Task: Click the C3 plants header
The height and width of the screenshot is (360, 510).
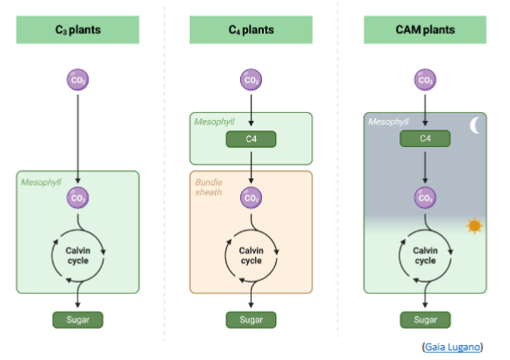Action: coord(77,30)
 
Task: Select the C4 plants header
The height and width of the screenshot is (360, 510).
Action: coord(251,30)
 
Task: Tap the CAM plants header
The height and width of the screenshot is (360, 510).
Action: coord(425,30)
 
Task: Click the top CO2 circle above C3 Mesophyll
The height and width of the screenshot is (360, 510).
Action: coord(78,81)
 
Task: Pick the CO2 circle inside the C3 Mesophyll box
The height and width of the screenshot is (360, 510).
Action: coord(78,198)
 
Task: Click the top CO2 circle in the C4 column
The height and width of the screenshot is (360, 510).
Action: coord(251,81)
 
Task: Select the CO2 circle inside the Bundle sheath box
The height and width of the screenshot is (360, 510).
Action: coord(251,198)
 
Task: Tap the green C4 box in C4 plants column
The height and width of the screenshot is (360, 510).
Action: coord(251,138)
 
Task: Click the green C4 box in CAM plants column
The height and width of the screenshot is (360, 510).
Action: coord(425,138)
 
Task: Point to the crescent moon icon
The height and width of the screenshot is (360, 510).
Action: coord(474,126)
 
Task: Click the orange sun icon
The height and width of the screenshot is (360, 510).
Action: coord(474,226)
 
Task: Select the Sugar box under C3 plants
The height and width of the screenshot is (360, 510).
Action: coord(77,319)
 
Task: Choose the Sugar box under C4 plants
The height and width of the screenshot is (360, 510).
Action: coord(251,319)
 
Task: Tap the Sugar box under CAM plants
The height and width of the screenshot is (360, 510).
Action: coord(425,319)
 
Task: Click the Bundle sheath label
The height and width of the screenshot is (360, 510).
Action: coord(210,187)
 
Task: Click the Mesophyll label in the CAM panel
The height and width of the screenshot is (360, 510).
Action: coord(388,122)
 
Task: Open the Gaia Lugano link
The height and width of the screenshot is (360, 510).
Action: coord(452,346)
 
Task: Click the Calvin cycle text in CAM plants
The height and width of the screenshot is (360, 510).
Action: coord(425,255)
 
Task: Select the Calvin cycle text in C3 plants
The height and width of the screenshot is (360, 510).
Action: coord(77,255)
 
